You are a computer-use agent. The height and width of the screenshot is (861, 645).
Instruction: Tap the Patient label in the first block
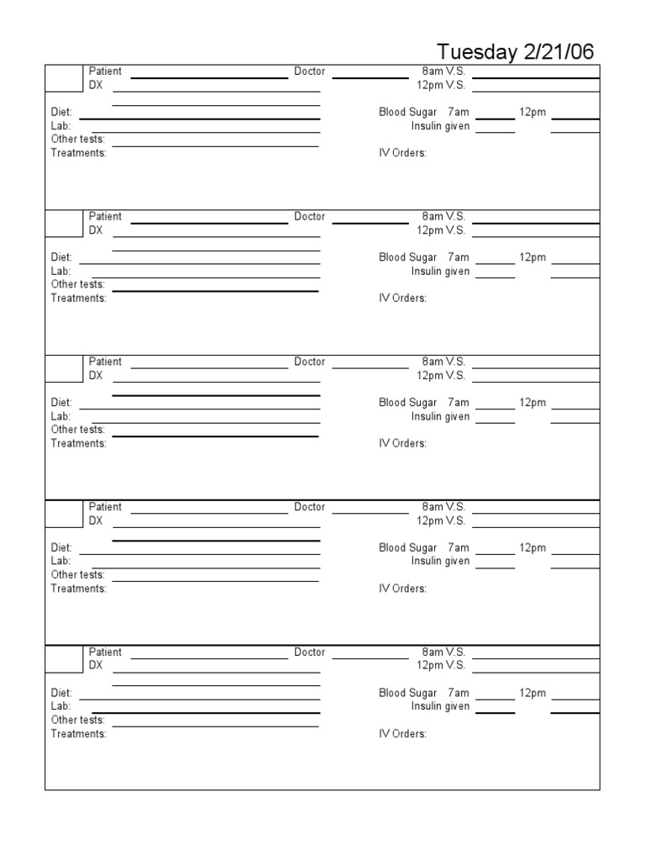coord(105,71)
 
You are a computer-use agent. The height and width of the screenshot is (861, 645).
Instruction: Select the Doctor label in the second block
coord(309,217)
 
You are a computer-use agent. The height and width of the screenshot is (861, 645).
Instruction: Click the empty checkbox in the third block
coord(64,368)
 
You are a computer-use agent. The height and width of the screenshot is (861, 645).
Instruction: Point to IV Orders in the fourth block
coord(402,589)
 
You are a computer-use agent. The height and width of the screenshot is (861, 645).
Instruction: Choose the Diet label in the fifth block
coord(61,693)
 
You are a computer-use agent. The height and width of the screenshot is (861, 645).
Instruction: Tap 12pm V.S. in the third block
coord(440,376)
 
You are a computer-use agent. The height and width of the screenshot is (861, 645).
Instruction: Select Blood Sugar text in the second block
coord(407,257)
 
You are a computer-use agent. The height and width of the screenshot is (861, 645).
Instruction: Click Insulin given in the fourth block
coord(440,562)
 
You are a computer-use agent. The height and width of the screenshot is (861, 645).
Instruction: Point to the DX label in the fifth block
coord(96,665)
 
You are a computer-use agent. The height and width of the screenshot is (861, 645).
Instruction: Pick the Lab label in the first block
coord(60,126)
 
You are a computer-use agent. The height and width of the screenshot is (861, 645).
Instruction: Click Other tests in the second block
coord(78,284)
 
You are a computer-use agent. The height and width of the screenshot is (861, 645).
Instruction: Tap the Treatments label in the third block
coord(79,443)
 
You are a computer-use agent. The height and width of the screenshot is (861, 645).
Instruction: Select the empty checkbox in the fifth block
coord(64,658)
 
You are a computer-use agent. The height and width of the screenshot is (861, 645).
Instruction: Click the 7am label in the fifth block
coord(459,693)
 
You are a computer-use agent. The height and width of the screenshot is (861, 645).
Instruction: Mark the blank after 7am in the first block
coord(497,119)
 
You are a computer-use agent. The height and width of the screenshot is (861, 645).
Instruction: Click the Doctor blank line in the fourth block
coord(370,512)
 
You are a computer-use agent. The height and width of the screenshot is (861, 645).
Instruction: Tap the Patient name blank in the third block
coord(209,367)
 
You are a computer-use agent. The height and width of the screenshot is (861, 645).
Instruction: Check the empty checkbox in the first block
coord(64,78)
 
